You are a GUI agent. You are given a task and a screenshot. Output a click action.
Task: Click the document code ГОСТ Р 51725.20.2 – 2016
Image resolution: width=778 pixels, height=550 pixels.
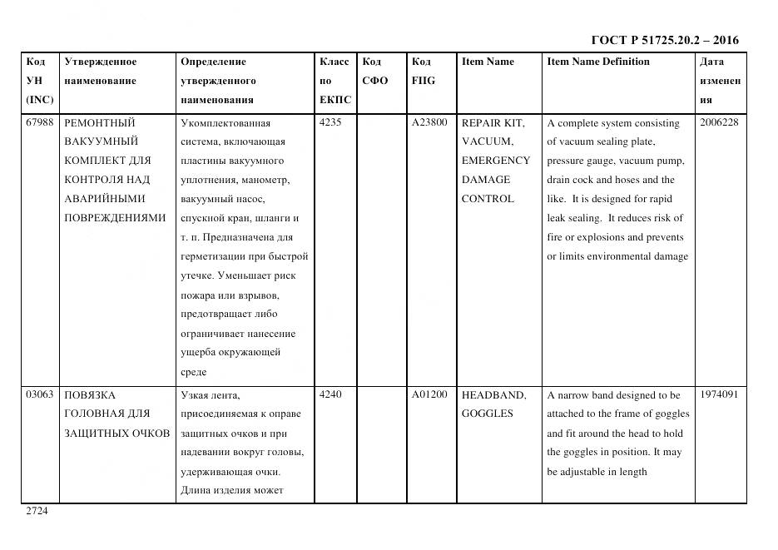(664, 40)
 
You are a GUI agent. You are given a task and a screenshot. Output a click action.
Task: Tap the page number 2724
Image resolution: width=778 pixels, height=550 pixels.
(37, 511)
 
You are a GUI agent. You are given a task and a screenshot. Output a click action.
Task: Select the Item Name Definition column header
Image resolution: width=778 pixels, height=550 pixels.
(598, 62)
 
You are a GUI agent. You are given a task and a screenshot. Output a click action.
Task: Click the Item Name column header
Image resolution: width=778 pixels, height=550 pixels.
(488, 62)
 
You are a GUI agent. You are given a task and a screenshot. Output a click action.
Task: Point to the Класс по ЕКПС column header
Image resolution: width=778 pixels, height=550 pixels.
(334, 81)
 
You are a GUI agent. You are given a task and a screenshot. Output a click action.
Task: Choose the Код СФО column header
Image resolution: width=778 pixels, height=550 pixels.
(375, 72)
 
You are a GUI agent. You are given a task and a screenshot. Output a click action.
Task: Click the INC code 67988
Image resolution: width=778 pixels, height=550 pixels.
(40, 123)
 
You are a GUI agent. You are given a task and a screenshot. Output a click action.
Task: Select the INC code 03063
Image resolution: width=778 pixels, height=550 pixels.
(40, 395)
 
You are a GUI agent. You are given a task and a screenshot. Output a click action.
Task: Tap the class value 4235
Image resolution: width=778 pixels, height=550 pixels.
(330, 123)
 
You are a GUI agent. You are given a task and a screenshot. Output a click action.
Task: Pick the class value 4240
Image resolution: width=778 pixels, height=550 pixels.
(330, 395)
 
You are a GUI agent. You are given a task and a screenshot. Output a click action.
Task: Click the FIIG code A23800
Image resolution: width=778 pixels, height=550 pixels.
(429, 123)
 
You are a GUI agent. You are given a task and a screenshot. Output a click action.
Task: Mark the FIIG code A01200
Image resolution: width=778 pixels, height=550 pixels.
(429, 395)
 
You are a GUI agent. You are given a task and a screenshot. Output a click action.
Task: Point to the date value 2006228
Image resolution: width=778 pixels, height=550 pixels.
(720, 123)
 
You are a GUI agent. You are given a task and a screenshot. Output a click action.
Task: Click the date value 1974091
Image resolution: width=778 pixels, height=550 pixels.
(720, 395)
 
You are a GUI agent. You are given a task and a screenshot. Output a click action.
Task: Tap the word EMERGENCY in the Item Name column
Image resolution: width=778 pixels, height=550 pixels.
(495, 161)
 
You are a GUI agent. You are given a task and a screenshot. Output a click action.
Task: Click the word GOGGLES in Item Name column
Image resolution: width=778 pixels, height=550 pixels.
(488, 414)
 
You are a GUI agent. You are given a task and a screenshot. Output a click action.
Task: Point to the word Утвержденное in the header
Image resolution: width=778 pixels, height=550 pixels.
(101, 62)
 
